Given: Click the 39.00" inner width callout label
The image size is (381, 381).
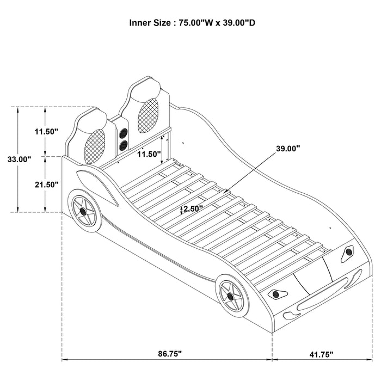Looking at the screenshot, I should click(287, 148).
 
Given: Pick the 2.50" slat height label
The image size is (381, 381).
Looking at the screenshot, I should click(192, 208).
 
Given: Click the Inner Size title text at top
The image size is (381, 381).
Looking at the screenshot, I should click(190, 23).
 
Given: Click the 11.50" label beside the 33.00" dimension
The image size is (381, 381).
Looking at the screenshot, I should click(46, 131).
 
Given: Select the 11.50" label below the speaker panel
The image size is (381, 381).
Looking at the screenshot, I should click(149, 154).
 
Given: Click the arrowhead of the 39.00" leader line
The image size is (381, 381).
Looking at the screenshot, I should click(225, 192).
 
